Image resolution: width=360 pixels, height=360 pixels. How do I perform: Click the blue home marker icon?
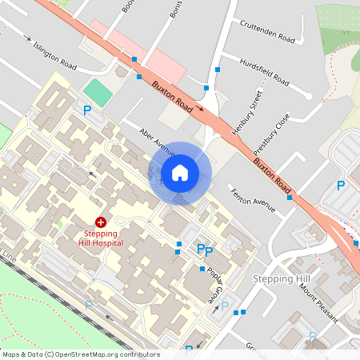[180, 173]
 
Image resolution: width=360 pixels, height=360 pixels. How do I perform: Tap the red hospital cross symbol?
[102, 222]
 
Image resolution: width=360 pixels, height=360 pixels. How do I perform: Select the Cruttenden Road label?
[268, 30]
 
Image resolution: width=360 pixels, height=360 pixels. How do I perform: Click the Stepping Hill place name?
[281, 278]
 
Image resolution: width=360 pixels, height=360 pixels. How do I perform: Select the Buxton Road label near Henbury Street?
[173, 93]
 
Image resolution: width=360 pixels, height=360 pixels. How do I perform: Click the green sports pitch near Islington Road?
[98, 91]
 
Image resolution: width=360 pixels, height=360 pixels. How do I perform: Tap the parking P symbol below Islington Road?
[87, 110]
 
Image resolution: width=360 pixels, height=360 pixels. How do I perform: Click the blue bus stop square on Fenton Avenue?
[290, 197]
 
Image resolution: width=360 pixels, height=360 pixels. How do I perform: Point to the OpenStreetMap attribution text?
[81, 354]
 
